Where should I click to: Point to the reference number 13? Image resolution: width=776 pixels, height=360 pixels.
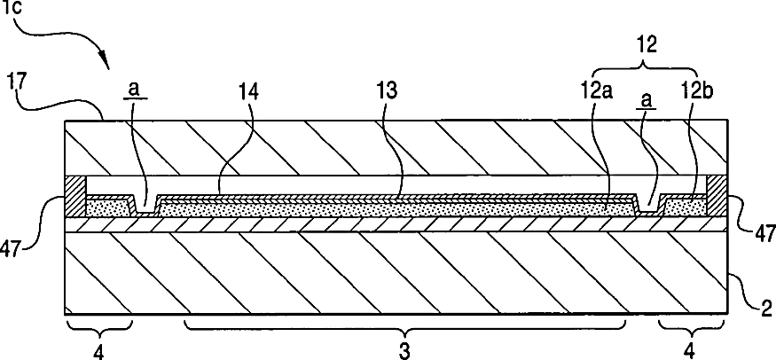pyautogui.click(x=388, y=90)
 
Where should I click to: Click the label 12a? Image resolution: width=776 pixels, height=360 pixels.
pyautogui.click(x=607, y=91)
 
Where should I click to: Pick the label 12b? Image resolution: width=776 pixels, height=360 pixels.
pyautogui.click(x=694, y=91)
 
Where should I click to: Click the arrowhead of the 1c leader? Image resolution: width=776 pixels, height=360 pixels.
pyautogui.click(x=108, y=66)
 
